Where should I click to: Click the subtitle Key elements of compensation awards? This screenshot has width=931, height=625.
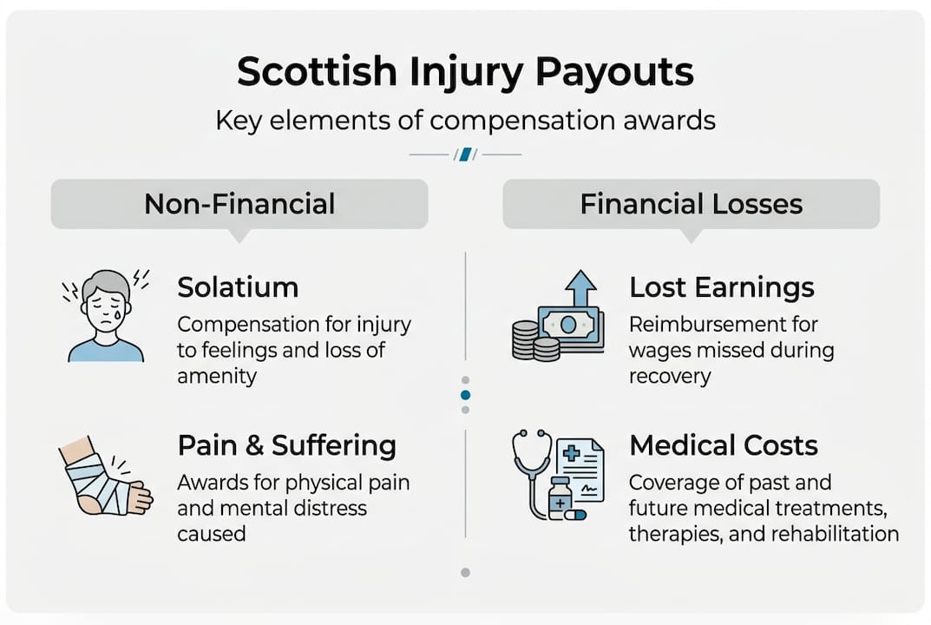tap(465, 120)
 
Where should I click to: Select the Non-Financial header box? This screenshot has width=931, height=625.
tap(239, 204)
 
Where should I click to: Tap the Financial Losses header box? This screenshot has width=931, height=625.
tap(691, 204)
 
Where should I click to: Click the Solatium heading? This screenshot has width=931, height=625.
tap(238, 287)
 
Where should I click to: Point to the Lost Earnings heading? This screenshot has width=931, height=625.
tap(722, 287)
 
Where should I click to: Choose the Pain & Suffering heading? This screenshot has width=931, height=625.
tap(286, 446)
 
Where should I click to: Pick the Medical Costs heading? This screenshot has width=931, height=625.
tap(724, 446)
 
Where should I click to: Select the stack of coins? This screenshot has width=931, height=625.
tap(531, 340)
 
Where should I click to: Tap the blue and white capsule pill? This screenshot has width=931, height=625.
tap(574, 515)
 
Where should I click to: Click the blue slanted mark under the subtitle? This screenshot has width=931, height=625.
tap(465, 155)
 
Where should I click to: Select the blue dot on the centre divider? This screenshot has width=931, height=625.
tap(466, 395)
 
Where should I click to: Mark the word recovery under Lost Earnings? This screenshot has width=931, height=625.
tap(670, 376)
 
